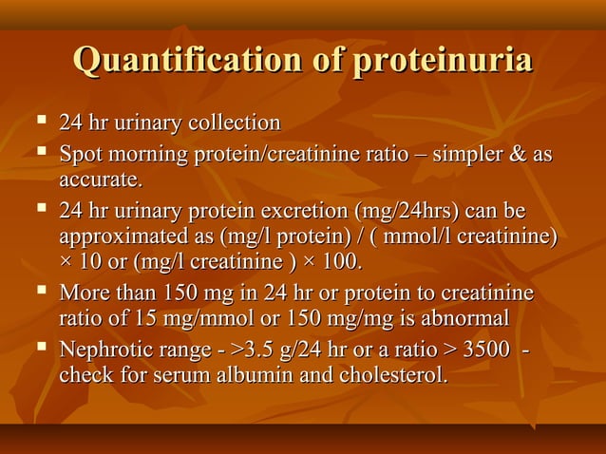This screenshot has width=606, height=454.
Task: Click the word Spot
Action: (x=80, y=154)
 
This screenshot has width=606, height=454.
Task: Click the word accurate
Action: (x=101, y=179)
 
